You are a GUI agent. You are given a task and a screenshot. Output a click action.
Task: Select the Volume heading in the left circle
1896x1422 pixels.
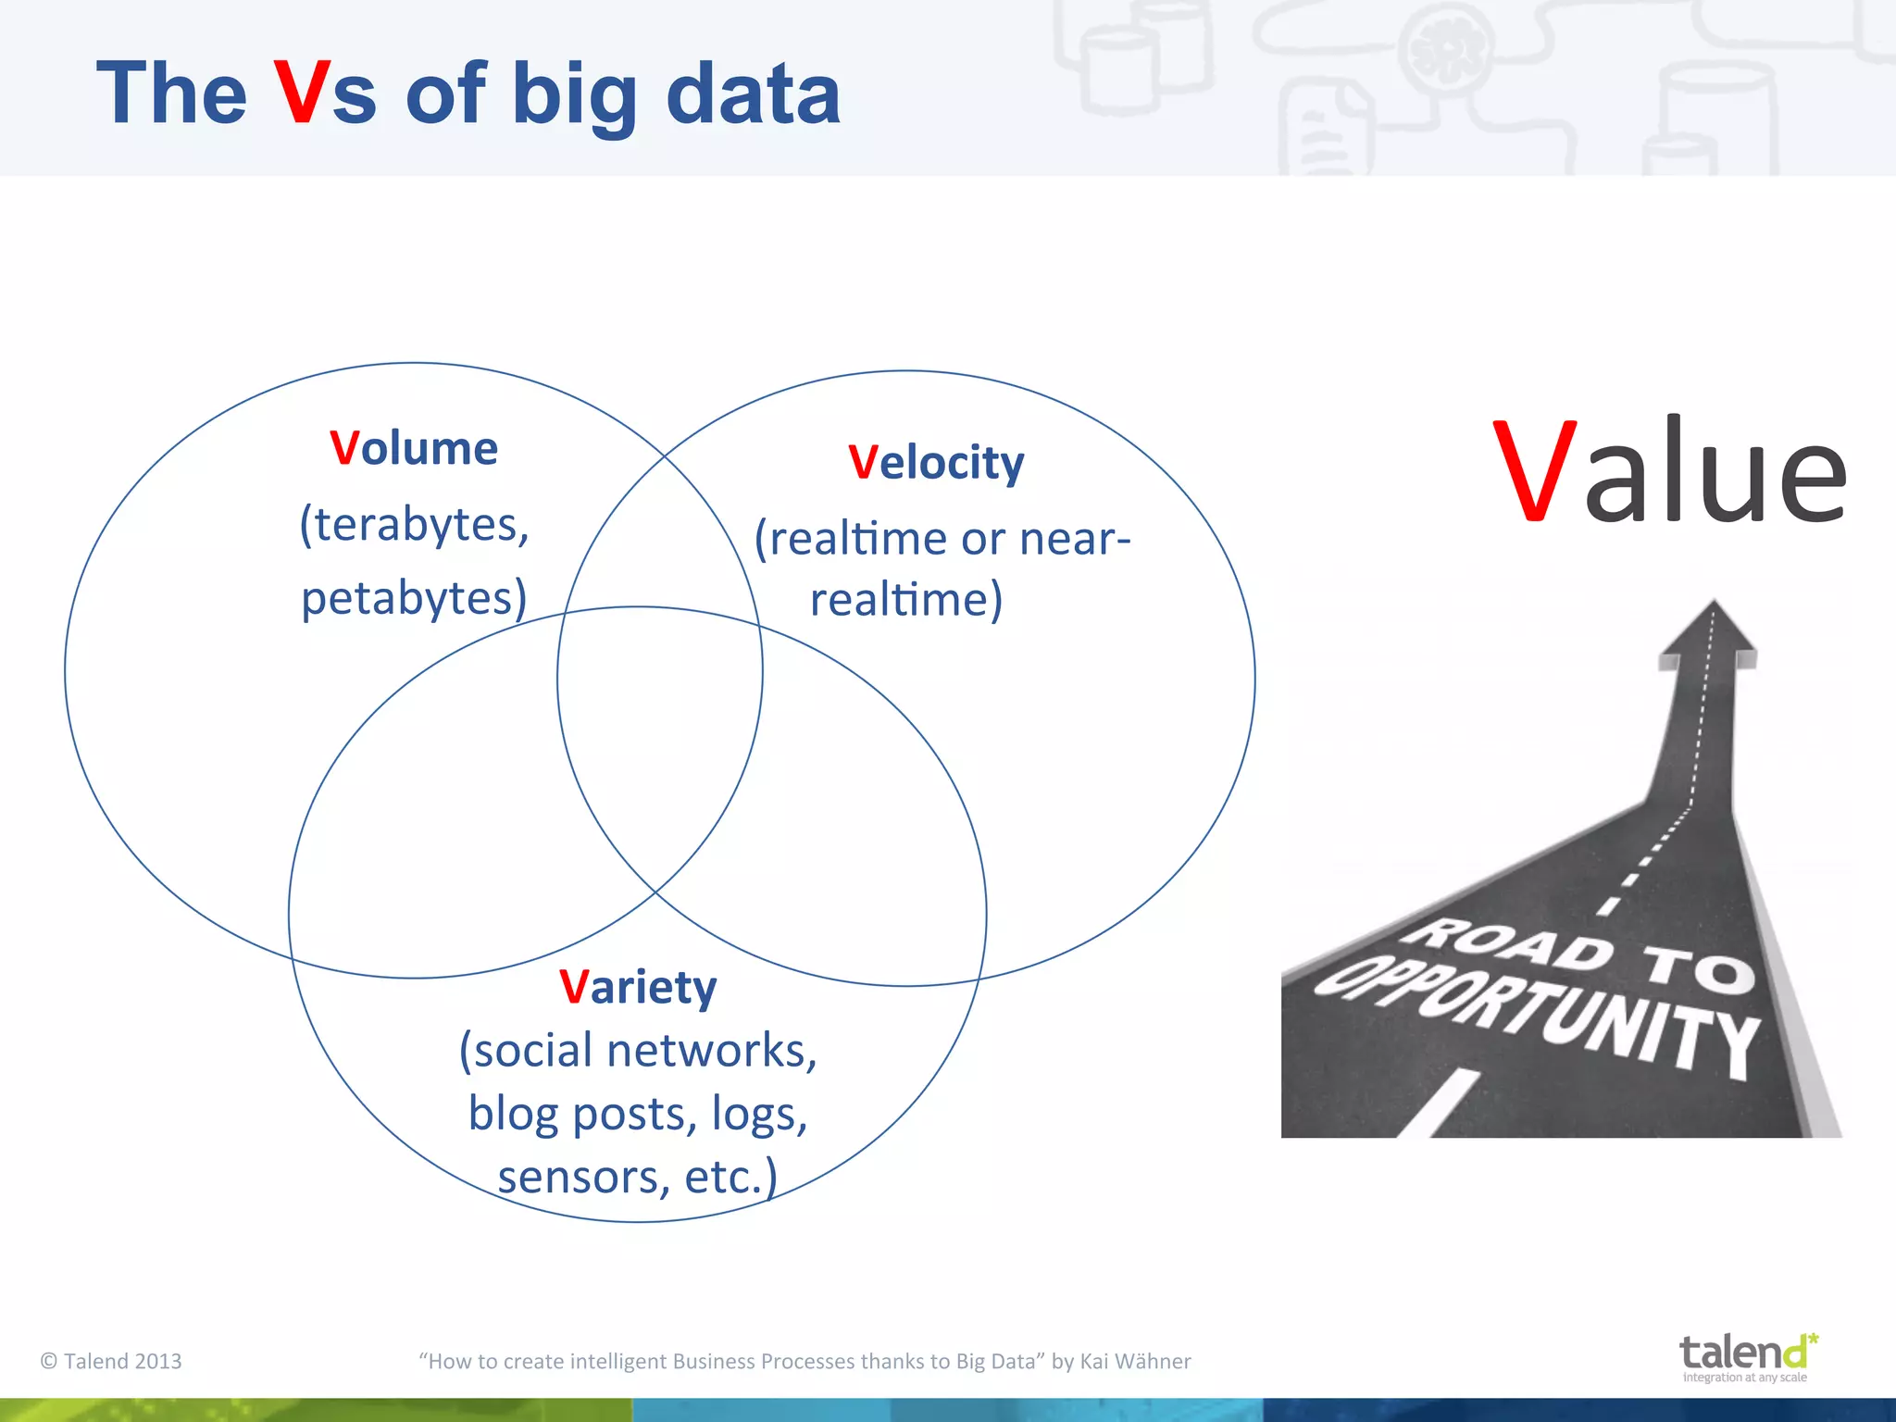pyautogui.click(x=414, y=448)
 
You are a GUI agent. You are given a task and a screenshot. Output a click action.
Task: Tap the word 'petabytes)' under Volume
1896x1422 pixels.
pyautogui.click(x=414, y=598)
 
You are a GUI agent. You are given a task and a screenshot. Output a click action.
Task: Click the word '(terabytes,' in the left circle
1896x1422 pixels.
pyautogui.click(x=414, y=525)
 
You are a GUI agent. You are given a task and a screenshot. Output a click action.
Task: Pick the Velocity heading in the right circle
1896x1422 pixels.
pyautogui.click(x=936, y=462)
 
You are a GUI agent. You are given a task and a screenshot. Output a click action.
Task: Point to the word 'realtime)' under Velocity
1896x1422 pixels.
pyautogui.click(x=906, y=599)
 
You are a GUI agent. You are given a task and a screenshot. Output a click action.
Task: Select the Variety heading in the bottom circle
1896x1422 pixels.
pyautogui.click(x=638, y=987)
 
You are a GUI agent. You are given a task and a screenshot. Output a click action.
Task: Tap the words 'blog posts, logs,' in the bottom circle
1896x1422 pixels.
pyautogui.click(x=638, y=1114)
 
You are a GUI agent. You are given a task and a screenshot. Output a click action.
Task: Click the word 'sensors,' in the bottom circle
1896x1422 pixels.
pyautogui.click(x=583, y=1178)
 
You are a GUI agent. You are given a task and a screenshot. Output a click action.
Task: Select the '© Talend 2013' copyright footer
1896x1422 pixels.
pyautogui.click(x=111, y=1361)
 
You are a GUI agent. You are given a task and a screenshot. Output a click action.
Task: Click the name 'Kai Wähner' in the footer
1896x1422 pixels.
pyautogui.click(x=1135, y=1361)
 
